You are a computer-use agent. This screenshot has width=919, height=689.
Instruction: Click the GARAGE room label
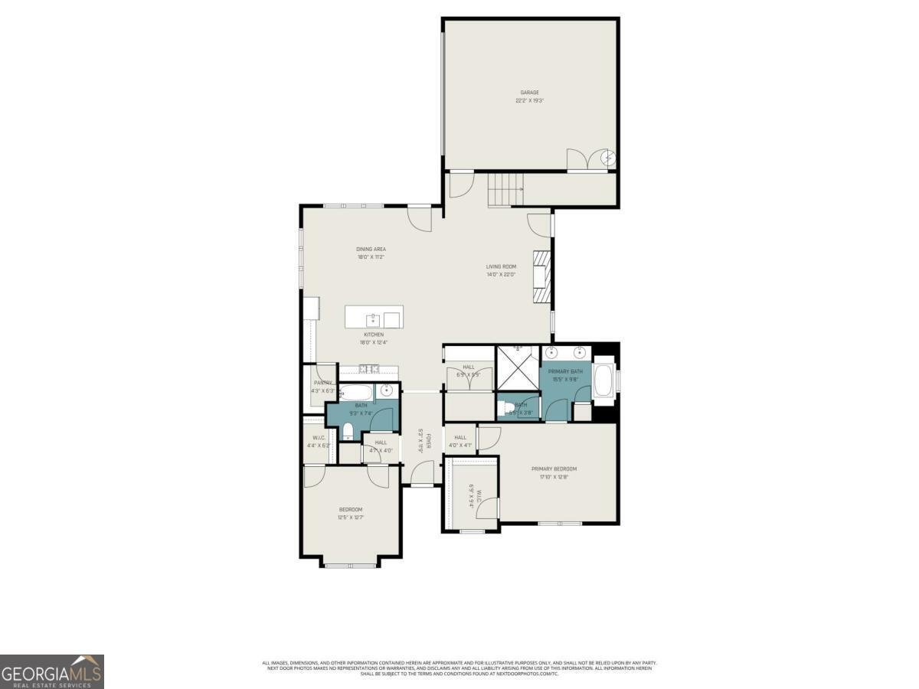(x=530, y=93)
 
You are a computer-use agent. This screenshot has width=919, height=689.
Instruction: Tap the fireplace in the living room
(x=542, y=276)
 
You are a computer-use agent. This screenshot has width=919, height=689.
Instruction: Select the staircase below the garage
(x=505, y=189)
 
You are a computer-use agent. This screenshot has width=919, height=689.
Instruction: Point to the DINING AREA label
(x=371, y=249)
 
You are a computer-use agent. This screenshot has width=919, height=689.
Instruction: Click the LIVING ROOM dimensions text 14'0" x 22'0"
(x=501, y=274)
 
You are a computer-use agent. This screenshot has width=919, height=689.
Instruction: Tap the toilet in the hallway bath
(x=347, y=429)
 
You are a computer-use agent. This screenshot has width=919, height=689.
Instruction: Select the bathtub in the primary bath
(x=603, y=380)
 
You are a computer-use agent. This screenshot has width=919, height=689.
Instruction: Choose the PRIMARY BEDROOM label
(x=554, y=469)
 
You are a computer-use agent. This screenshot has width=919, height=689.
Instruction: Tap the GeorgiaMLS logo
(x=51, y=671)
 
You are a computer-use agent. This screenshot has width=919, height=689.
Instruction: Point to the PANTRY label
(x=322, y=383)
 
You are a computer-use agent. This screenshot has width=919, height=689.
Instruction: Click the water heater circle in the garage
(x=608, y=158)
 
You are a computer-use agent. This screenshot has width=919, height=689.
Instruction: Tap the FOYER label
(x=430, y=442)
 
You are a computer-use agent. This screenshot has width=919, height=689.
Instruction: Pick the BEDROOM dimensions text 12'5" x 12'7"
(x=351, y=518)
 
